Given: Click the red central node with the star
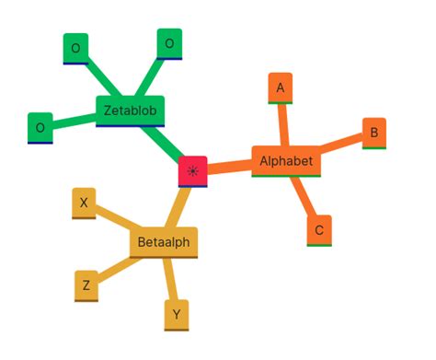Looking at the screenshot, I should coord(193,171).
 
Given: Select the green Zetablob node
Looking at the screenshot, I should coord(130,110).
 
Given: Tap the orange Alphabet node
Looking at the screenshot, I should coord(286,161).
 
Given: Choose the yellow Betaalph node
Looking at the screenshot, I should coord(164,242).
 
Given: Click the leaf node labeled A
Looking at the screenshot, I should coord(281,87).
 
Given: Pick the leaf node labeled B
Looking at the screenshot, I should coord(373,133).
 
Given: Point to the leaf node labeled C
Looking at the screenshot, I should coord(318,230).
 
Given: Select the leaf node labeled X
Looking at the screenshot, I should coord(85,203).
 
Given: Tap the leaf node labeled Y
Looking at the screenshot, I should coord(177,315).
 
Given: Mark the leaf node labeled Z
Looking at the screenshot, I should coord(86,285).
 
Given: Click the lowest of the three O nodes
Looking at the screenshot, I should coord(40,128).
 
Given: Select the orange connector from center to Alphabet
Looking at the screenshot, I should coord(230,167).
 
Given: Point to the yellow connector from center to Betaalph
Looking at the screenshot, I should coord(179,206).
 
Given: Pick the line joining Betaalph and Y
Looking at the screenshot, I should coord(171,278).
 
